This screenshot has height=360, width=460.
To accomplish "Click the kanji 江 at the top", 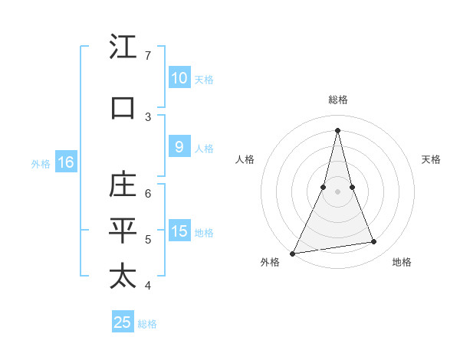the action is pos(123,47).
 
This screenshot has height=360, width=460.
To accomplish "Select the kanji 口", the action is pos(123,107).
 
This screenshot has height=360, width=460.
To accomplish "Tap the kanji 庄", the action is pos(123,185).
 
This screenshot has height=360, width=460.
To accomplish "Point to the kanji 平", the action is pos(123,231).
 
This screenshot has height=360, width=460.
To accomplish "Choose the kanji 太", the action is pos(123,277).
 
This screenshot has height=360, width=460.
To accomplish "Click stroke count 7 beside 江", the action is pos(148,56).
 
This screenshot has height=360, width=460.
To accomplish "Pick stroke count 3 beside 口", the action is pos(148,116).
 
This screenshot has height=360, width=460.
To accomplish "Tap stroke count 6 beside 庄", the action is pos(148,193).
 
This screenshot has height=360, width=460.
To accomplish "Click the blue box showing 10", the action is pos(179,78).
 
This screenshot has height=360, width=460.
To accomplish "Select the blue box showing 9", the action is pos(179,148).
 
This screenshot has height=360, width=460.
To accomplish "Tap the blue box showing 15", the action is pos(179,231).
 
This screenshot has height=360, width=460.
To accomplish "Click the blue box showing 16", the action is pos(65,162).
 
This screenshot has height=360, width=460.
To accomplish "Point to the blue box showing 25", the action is pos(123,322).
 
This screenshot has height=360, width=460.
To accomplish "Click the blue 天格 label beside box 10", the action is pos(204,79).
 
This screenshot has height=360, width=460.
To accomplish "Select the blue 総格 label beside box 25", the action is pos(148,324).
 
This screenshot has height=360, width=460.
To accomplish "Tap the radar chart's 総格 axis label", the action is pos(337,100).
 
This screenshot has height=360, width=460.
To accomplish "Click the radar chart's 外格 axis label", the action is pos(270,262).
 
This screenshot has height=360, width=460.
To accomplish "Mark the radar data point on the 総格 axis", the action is pos(337,129).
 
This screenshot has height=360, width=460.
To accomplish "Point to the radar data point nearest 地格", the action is pos(374,242).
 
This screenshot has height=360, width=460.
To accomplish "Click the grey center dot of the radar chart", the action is pos(337,191).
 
